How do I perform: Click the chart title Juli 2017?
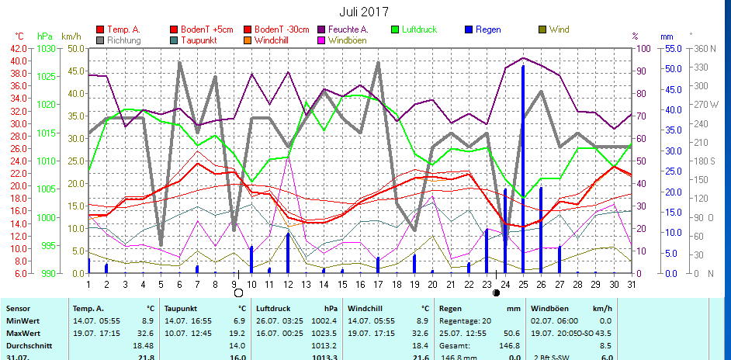[365, 12]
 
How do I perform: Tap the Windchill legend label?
[272, 40]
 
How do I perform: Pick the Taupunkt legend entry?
[199, 40]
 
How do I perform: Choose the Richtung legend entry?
[124, 40]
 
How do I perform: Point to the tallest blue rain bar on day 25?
[523, 171]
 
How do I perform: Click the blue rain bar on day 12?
[288, 252]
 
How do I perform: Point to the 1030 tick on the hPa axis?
[47, 48]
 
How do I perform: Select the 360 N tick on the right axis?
[705, 48]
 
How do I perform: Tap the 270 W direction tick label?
[705, 104]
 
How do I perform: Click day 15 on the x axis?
[341, 283]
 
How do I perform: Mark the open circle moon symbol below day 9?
[238, 293]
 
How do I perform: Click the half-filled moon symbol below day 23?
[496, 293]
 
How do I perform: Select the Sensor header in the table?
[17, 308]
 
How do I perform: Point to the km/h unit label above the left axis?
[71, 36]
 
